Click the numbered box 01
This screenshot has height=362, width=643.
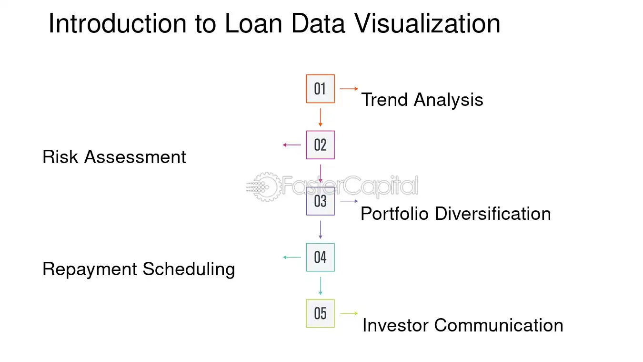point(320,89)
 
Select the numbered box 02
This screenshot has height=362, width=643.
point(320,145)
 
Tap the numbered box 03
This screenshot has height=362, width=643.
point(320,201)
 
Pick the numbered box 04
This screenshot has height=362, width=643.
point(320,258)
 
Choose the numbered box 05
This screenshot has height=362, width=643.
point(320,313)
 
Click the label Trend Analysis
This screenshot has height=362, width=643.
point(422,100)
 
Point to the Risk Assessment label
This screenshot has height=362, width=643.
point(114,157)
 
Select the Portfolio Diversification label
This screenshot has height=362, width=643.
point(455,213)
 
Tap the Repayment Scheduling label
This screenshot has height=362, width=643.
point(139,269)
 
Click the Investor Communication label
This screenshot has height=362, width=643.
point(462,325)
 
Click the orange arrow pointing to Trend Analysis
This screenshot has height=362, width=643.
point(349,89)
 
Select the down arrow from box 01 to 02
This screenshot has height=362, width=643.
point(320,117)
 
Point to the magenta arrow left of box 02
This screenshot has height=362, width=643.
point(292,145)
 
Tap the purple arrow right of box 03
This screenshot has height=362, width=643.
point(349,201)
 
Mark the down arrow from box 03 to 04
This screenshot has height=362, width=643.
point(320,229)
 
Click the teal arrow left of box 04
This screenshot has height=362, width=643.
point(292,258)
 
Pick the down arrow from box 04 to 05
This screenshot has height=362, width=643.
point(320,286)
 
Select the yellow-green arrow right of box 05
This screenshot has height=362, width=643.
point(349,313)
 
